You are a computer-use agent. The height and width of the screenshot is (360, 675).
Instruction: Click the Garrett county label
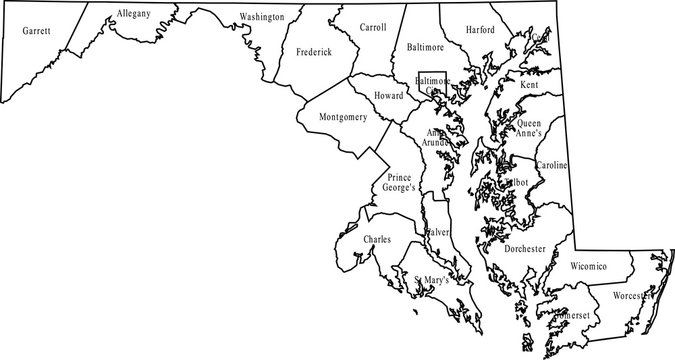37,32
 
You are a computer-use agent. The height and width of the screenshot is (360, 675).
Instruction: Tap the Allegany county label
133,14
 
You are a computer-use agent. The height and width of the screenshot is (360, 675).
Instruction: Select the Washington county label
262,17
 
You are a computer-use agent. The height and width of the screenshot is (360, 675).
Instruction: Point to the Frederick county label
313,51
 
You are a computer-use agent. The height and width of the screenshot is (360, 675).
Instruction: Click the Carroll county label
372,28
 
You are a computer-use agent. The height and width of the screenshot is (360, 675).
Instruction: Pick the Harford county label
480,30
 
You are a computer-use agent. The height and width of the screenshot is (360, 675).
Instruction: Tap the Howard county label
388,95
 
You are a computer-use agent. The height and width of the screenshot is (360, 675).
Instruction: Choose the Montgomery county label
342,117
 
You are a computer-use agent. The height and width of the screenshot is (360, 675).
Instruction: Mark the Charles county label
377,240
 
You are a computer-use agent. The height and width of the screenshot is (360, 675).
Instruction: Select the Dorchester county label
524,248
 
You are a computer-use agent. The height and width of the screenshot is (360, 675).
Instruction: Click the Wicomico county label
588,267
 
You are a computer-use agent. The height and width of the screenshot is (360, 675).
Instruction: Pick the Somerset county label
570,316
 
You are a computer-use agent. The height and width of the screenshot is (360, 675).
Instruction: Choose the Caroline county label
553,164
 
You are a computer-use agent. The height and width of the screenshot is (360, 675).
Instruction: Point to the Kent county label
529,86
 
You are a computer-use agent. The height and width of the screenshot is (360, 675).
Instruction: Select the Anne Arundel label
436,137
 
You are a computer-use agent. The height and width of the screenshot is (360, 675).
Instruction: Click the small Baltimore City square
431,85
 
